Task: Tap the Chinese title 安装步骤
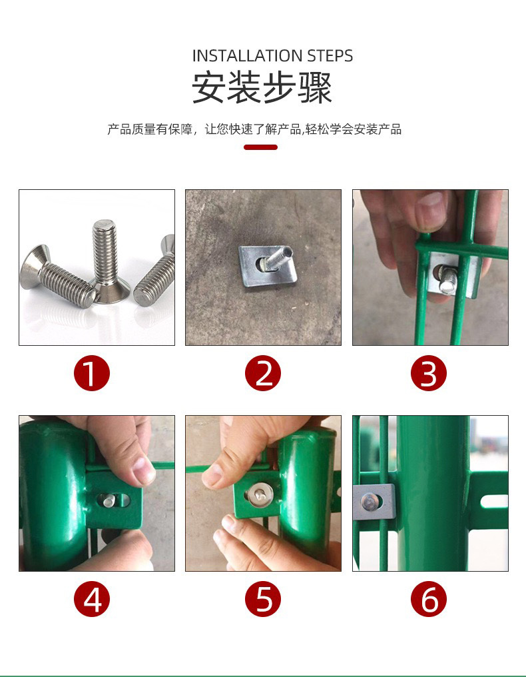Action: [x=262, y=88]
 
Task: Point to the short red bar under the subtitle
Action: [x=260, y=147]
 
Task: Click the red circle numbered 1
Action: [x=91, y=373]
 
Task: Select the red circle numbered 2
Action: [x=263, y=373]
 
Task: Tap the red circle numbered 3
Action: [x=429, y=373]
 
